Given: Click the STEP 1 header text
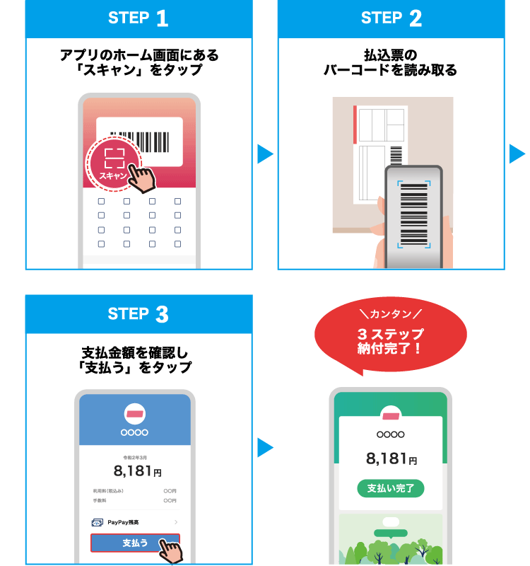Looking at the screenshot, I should pyautogui.click(x=139, y=18).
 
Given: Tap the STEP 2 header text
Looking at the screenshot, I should pyautogui.click(x=391, y=18).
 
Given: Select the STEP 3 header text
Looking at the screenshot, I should pyautogui.click(x=139, y=313).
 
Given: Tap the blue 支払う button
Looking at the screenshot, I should pyautogui.click(x=134, y=543).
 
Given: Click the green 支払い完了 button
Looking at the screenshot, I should pyautogui.click(x=391, y=488).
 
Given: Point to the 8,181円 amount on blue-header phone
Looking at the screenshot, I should pyautogui.click(x=137, y=470).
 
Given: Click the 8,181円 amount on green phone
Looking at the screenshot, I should pyautogui.click(x=391, y=458).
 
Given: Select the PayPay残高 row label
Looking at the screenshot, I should pyautogui.click(x=123, y=522).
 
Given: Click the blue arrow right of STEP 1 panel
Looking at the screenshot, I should pyautogui.click(x=265, y=154).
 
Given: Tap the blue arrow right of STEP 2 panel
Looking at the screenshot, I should pyautogui.click(x=517, y=154).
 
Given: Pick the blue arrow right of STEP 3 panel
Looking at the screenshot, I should pyautogui.click(x=265, y=447).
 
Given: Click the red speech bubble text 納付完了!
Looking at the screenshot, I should pyautogui.click(x=391, y=348).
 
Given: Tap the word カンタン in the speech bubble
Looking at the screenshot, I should pyautogui.click(x=391, y=313).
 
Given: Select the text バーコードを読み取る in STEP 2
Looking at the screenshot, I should pyautogui.click(x=391, y=70).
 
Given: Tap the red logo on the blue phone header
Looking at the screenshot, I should pyautogui.click(x=134, y=413).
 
